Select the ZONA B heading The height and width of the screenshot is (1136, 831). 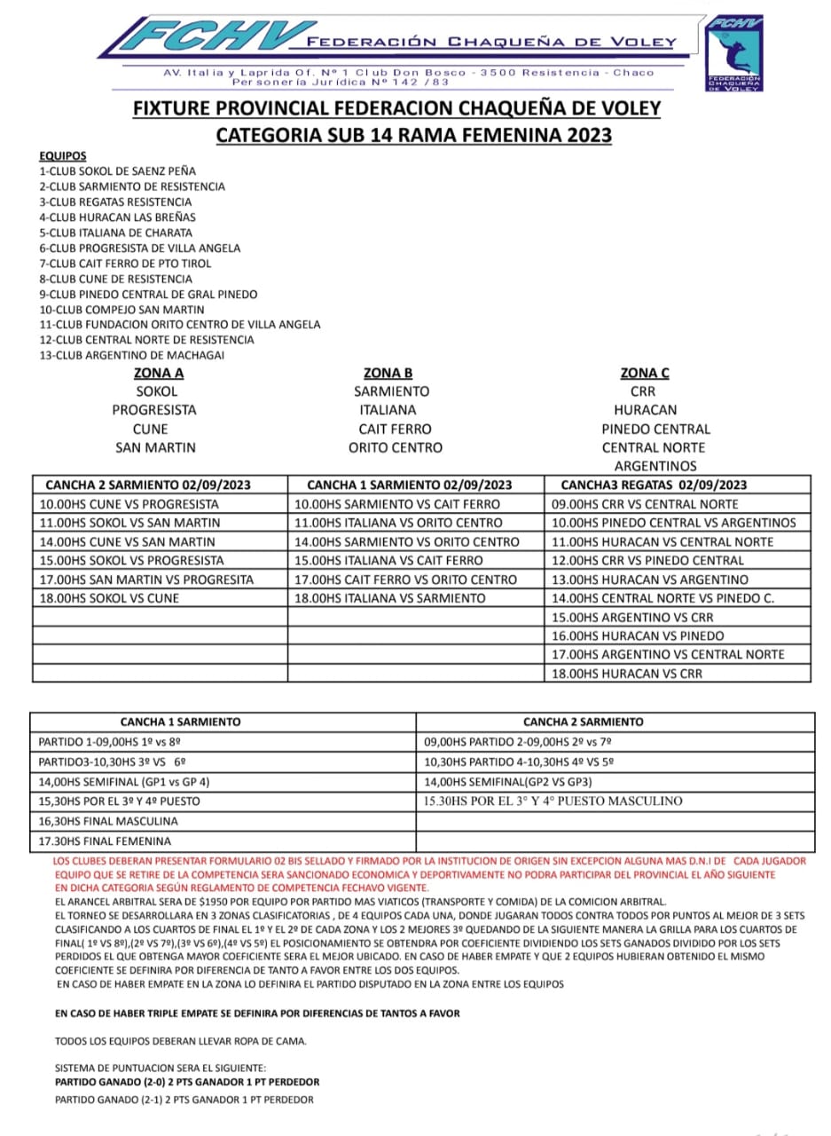pyautogui.click(x=388, y=373)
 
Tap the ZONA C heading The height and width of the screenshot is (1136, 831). pyautogui.click(x=645, y=373)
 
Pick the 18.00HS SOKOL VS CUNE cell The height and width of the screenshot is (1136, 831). pyautogui.click(x=109, y=598)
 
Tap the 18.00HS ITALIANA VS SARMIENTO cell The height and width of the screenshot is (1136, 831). pyautogui.click(x=390, y=598)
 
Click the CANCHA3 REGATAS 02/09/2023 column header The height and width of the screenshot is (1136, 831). pyautogui.click(x=655, y=485)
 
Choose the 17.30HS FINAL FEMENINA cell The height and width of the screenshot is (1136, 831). pyautogui.click(x=105, y=840)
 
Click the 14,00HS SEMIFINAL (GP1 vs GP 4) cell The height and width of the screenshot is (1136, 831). pyautogui.click(x=124, y=782)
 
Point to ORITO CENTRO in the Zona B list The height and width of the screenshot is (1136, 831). pyautogui.click(x=395, y=447)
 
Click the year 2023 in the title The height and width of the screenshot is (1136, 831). pyautogui.click(x=581, y=136)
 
